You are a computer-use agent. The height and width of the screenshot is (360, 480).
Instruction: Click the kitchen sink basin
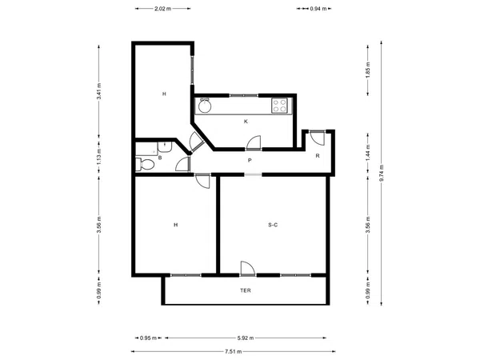[205, 106]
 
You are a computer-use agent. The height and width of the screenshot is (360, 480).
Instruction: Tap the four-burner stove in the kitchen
[279, 106]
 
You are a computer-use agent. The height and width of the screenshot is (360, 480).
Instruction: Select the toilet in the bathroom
[145, 164]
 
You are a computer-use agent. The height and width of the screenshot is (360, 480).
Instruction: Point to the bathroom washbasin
[165, 147]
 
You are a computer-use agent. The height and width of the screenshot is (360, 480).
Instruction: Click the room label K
[246, 122]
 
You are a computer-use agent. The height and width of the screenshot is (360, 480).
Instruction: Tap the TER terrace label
[246, 290]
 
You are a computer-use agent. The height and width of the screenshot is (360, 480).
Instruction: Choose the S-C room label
[273, 225]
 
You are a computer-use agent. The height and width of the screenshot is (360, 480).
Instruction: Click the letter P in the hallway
[250, 161]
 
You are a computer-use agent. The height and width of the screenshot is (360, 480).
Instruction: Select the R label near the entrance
[318, 156]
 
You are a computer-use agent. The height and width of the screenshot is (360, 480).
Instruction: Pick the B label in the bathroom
[160, 158]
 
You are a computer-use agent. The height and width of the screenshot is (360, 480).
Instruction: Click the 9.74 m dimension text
[382, 173]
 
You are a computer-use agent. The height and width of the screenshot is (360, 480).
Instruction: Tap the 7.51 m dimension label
[234, 351]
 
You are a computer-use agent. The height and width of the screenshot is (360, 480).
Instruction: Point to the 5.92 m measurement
[246, 338]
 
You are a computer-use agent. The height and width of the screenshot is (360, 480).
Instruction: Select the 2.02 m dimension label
[163, 9]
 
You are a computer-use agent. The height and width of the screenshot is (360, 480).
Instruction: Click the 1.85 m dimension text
[368, 70]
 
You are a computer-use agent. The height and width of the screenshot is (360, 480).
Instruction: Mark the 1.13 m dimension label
[99, 156]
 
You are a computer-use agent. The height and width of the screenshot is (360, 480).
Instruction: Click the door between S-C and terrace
[248, 270]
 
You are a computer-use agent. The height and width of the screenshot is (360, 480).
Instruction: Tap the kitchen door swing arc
[254, 143]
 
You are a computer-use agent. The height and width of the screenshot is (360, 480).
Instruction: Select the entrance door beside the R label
[317, 138]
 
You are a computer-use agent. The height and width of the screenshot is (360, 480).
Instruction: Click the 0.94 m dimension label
[318, 9]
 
